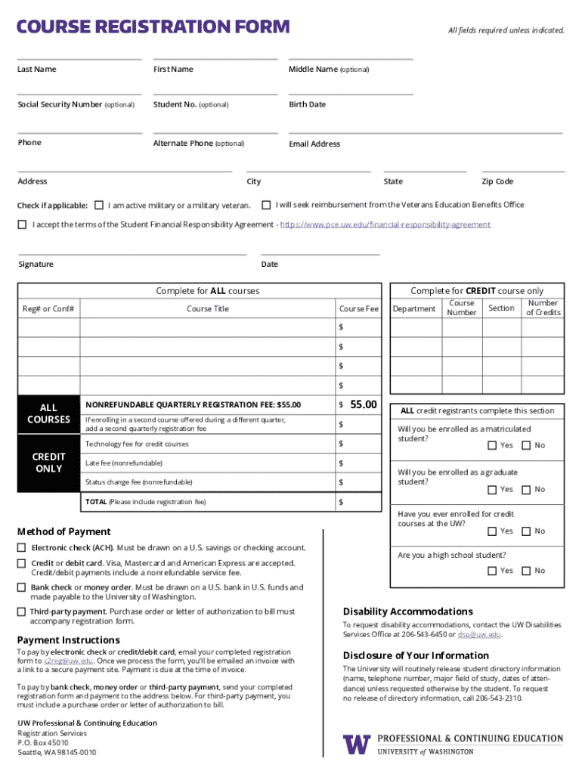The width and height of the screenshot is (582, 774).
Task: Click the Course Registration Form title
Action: point(153,27)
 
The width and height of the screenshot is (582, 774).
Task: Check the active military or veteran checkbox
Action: point(98,205)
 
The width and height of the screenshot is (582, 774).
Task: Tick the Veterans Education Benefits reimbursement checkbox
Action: point(266,204)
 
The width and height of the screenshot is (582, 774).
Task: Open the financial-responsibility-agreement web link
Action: point(385,224)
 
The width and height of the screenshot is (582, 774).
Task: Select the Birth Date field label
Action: point(307,104)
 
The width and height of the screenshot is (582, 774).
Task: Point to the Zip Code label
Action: point(497,181)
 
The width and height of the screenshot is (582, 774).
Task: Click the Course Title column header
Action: point(207,308)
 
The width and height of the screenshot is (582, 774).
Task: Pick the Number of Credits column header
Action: point(543,308)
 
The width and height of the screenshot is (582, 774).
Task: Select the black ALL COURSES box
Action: point(48,413)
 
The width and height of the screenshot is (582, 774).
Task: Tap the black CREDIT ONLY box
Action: point(48,463)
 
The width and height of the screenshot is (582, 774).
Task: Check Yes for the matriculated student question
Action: point(492,445)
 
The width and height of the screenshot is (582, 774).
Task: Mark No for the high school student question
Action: point(526,571)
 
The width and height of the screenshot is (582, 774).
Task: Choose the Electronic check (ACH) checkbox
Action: point(22,547)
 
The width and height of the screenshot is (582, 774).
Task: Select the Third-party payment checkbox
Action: point(22,611)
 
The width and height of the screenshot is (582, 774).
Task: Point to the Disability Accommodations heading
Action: point(407,611)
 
